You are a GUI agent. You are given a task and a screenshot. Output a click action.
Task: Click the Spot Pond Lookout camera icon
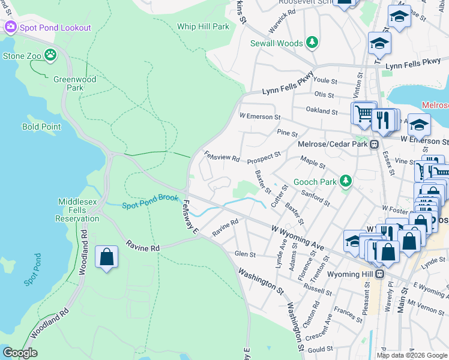click(10, 28)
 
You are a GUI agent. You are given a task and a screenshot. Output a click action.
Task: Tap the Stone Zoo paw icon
click(52, 56)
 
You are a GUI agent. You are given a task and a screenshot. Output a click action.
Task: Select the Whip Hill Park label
click(203, 27)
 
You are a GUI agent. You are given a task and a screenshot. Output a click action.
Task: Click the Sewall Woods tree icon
click(311, 43)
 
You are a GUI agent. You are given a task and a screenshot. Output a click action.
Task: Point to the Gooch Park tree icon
click(345, 181)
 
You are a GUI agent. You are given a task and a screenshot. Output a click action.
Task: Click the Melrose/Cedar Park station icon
click(373, 144)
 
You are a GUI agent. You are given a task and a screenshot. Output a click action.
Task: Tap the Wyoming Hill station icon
click(380, 274)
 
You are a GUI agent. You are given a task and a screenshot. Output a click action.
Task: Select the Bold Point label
click(41, 127)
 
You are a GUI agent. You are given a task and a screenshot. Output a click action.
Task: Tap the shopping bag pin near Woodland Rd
click(106, 257)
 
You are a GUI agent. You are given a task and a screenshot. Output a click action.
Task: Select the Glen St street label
click(245, 254)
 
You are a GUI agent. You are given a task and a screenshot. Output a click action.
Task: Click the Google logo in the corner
click(20, 353)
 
